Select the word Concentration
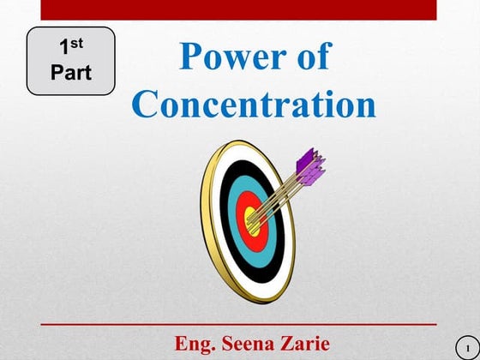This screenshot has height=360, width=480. pos(255,105)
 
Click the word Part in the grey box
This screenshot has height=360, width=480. pos(70,71)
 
